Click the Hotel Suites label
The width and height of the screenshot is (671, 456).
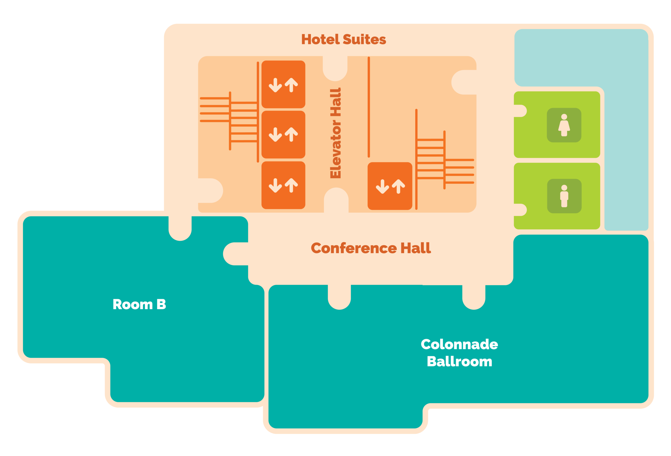pos(343,39)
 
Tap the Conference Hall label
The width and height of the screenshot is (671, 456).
pos(371,248)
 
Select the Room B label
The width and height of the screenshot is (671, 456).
pos(139,304)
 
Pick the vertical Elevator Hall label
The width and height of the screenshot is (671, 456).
pos(335,133)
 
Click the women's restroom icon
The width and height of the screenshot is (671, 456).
pos(564,125)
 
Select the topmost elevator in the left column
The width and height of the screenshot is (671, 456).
pos(283,84)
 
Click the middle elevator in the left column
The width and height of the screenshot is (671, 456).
pos(283,135)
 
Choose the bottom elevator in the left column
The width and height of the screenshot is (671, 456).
pos(283,185)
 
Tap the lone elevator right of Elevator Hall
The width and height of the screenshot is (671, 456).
pos(390,186)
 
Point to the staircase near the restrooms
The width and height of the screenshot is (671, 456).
pos(445,159)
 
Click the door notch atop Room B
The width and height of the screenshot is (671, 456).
pos(180,228)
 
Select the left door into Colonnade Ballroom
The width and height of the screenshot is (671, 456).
pos(339,297)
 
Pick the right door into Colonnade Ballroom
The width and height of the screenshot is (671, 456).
pos(474,297)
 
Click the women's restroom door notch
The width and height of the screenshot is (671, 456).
pos(520,111)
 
